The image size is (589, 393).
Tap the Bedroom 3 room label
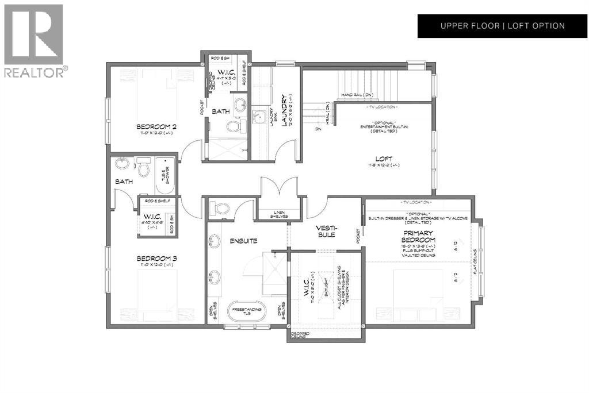(x=156, y=259)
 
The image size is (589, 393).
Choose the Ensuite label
(x=244, y=241)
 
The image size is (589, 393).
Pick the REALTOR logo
(x=34, y=40)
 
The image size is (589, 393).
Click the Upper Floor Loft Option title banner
(x=502, y=26)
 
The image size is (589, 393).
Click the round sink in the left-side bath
(x=122, y=164)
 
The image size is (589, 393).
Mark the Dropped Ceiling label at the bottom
(x=298, y=336)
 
